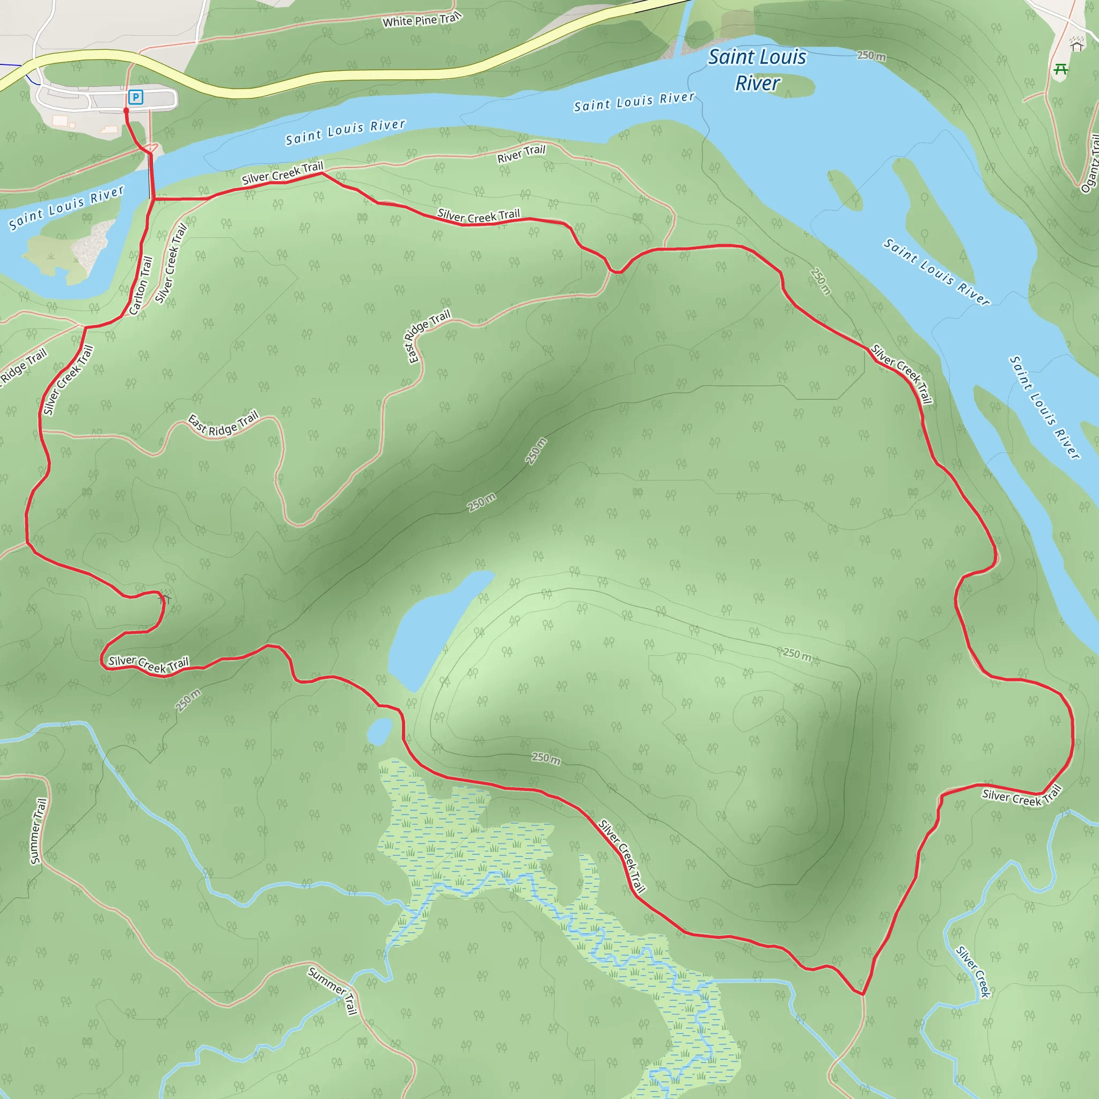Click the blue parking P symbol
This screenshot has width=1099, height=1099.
[x=135, y=97]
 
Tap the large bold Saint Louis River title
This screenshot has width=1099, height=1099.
[x=757, y=69]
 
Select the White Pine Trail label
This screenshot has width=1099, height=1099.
[x=421, y=20]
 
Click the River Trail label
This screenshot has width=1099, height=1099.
[x=521, y=153]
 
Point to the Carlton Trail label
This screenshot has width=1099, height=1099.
[x=141, y=285]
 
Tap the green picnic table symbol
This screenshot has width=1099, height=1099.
[x=1060, y=70]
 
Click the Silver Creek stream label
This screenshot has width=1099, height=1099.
[x=973, y=972]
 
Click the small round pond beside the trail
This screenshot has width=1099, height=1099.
[x=380, y=731]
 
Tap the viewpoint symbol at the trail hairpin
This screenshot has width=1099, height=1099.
[x=165, y=597]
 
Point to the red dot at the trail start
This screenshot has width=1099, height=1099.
[x=126, y=111]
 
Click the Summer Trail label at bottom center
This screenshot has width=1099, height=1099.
[x=333, y=990]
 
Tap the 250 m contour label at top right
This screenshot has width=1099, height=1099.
[x=871, y=56]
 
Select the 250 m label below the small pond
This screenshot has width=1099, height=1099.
[x=546, y=758]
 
